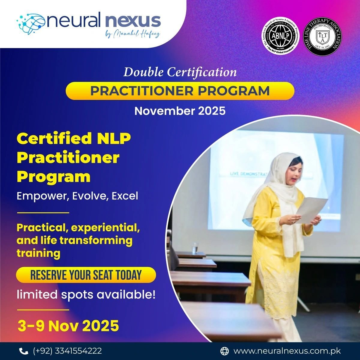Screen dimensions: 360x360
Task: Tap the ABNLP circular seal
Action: (x=280, y=37)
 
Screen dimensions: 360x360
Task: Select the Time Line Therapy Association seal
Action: (x=321, y=37)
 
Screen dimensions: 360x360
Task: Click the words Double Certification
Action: (x=180, y=72)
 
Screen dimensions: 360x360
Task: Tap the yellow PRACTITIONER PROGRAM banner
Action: (x=180, y=91)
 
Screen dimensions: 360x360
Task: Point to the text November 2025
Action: (x=180, y=111)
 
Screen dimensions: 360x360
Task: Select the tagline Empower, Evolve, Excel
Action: (x=77, y=196)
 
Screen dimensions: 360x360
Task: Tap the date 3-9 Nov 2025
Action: (x=68, y=326)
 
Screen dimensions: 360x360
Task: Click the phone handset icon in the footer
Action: (x=22, y=351)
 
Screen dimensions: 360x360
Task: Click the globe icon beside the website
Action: (x=224, y=351)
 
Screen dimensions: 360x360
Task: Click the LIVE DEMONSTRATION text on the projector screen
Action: (x=246, y=173)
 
